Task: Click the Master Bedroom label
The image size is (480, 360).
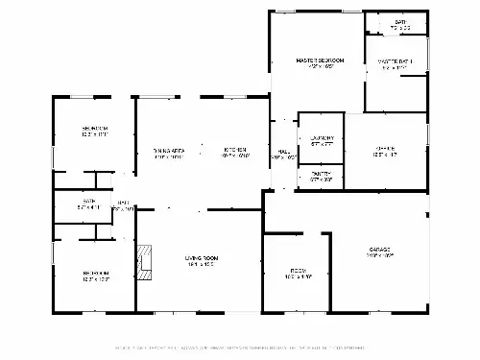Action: pyautogui.click(x=321, y=60)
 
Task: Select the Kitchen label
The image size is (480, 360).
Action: pyautogui.click(x=236, y=150)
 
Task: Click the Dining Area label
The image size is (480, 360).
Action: pyautogui.click(x=169, y=150)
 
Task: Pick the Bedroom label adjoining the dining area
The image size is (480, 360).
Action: pyautogui.click(x=94, y=128)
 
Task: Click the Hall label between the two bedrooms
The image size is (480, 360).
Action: pyautogui.click(x=123, y=203)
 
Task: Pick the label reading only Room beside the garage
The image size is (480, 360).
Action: pyautogui.click(x=298, y=271)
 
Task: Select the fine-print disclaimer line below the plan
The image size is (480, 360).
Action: pyautogui.click(x=240, y=347)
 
